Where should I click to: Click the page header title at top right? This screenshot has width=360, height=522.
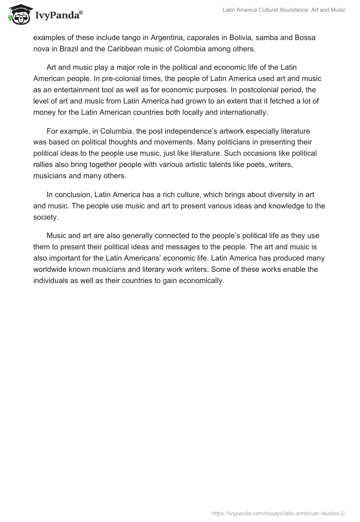284,10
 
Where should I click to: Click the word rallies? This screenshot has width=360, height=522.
45,164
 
